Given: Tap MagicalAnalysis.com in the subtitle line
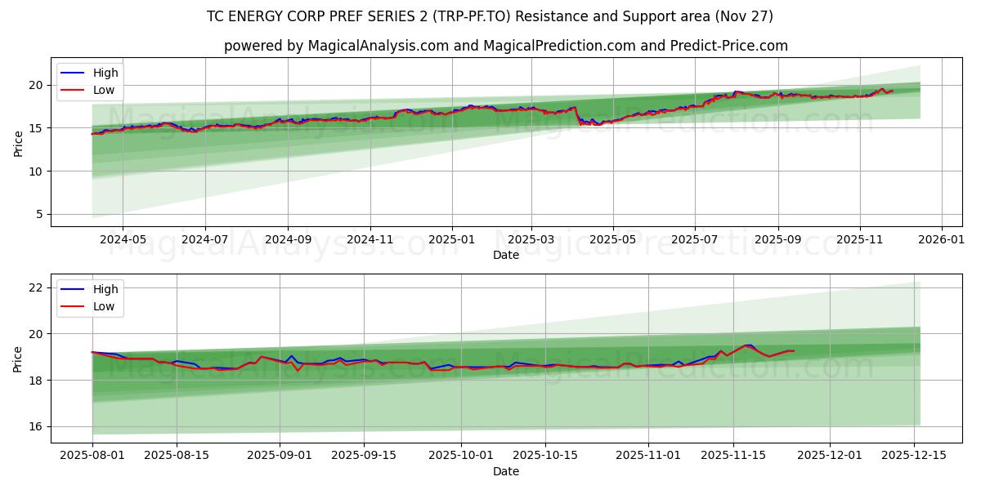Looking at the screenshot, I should coord(378,46).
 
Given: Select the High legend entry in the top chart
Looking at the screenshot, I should coord(105,73).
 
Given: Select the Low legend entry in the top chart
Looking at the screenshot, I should coord(104,91).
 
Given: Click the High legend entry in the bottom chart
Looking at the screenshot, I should coord(105,289).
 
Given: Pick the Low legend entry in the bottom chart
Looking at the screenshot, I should coord(104,307).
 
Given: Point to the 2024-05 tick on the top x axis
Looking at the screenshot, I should coord(123,240).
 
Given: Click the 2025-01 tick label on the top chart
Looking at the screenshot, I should coord(452,240).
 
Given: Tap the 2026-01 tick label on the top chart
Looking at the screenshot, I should coord(942,240).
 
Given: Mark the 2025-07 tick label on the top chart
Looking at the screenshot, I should coord(694,240).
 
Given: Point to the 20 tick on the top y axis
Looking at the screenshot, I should coord(36,85).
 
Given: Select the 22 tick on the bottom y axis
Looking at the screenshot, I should coord(36,287).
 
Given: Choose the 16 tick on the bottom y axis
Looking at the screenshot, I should coord(36,426).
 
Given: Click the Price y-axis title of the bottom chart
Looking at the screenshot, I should coord(18,358).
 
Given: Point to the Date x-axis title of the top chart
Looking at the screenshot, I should coord(505,255).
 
